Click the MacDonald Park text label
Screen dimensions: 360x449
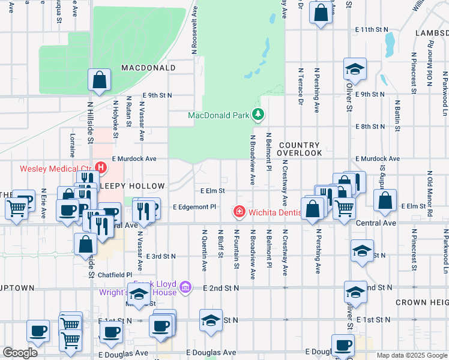[218, 115]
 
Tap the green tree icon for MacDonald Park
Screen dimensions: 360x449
[258, 114]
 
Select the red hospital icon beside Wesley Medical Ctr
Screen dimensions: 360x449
[101, 168]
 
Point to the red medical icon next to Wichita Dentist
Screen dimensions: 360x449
[239, 212]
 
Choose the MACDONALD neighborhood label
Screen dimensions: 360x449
[148, 68]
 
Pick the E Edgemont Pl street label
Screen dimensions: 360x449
[194, 206]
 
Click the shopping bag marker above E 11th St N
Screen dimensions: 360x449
[321, 12]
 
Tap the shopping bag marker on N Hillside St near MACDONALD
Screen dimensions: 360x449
[99, 80]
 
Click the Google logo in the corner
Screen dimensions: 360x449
[20, 353]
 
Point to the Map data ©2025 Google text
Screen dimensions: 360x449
[412, 355]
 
